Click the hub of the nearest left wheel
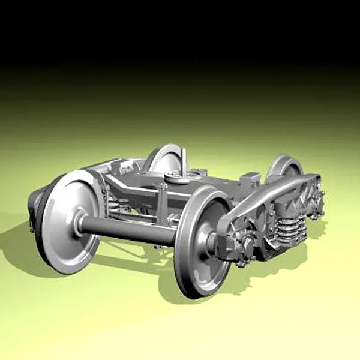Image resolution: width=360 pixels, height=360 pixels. tap(80, 221)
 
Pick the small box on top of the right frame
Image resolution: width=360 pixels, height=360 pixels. tap(252, 179)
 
